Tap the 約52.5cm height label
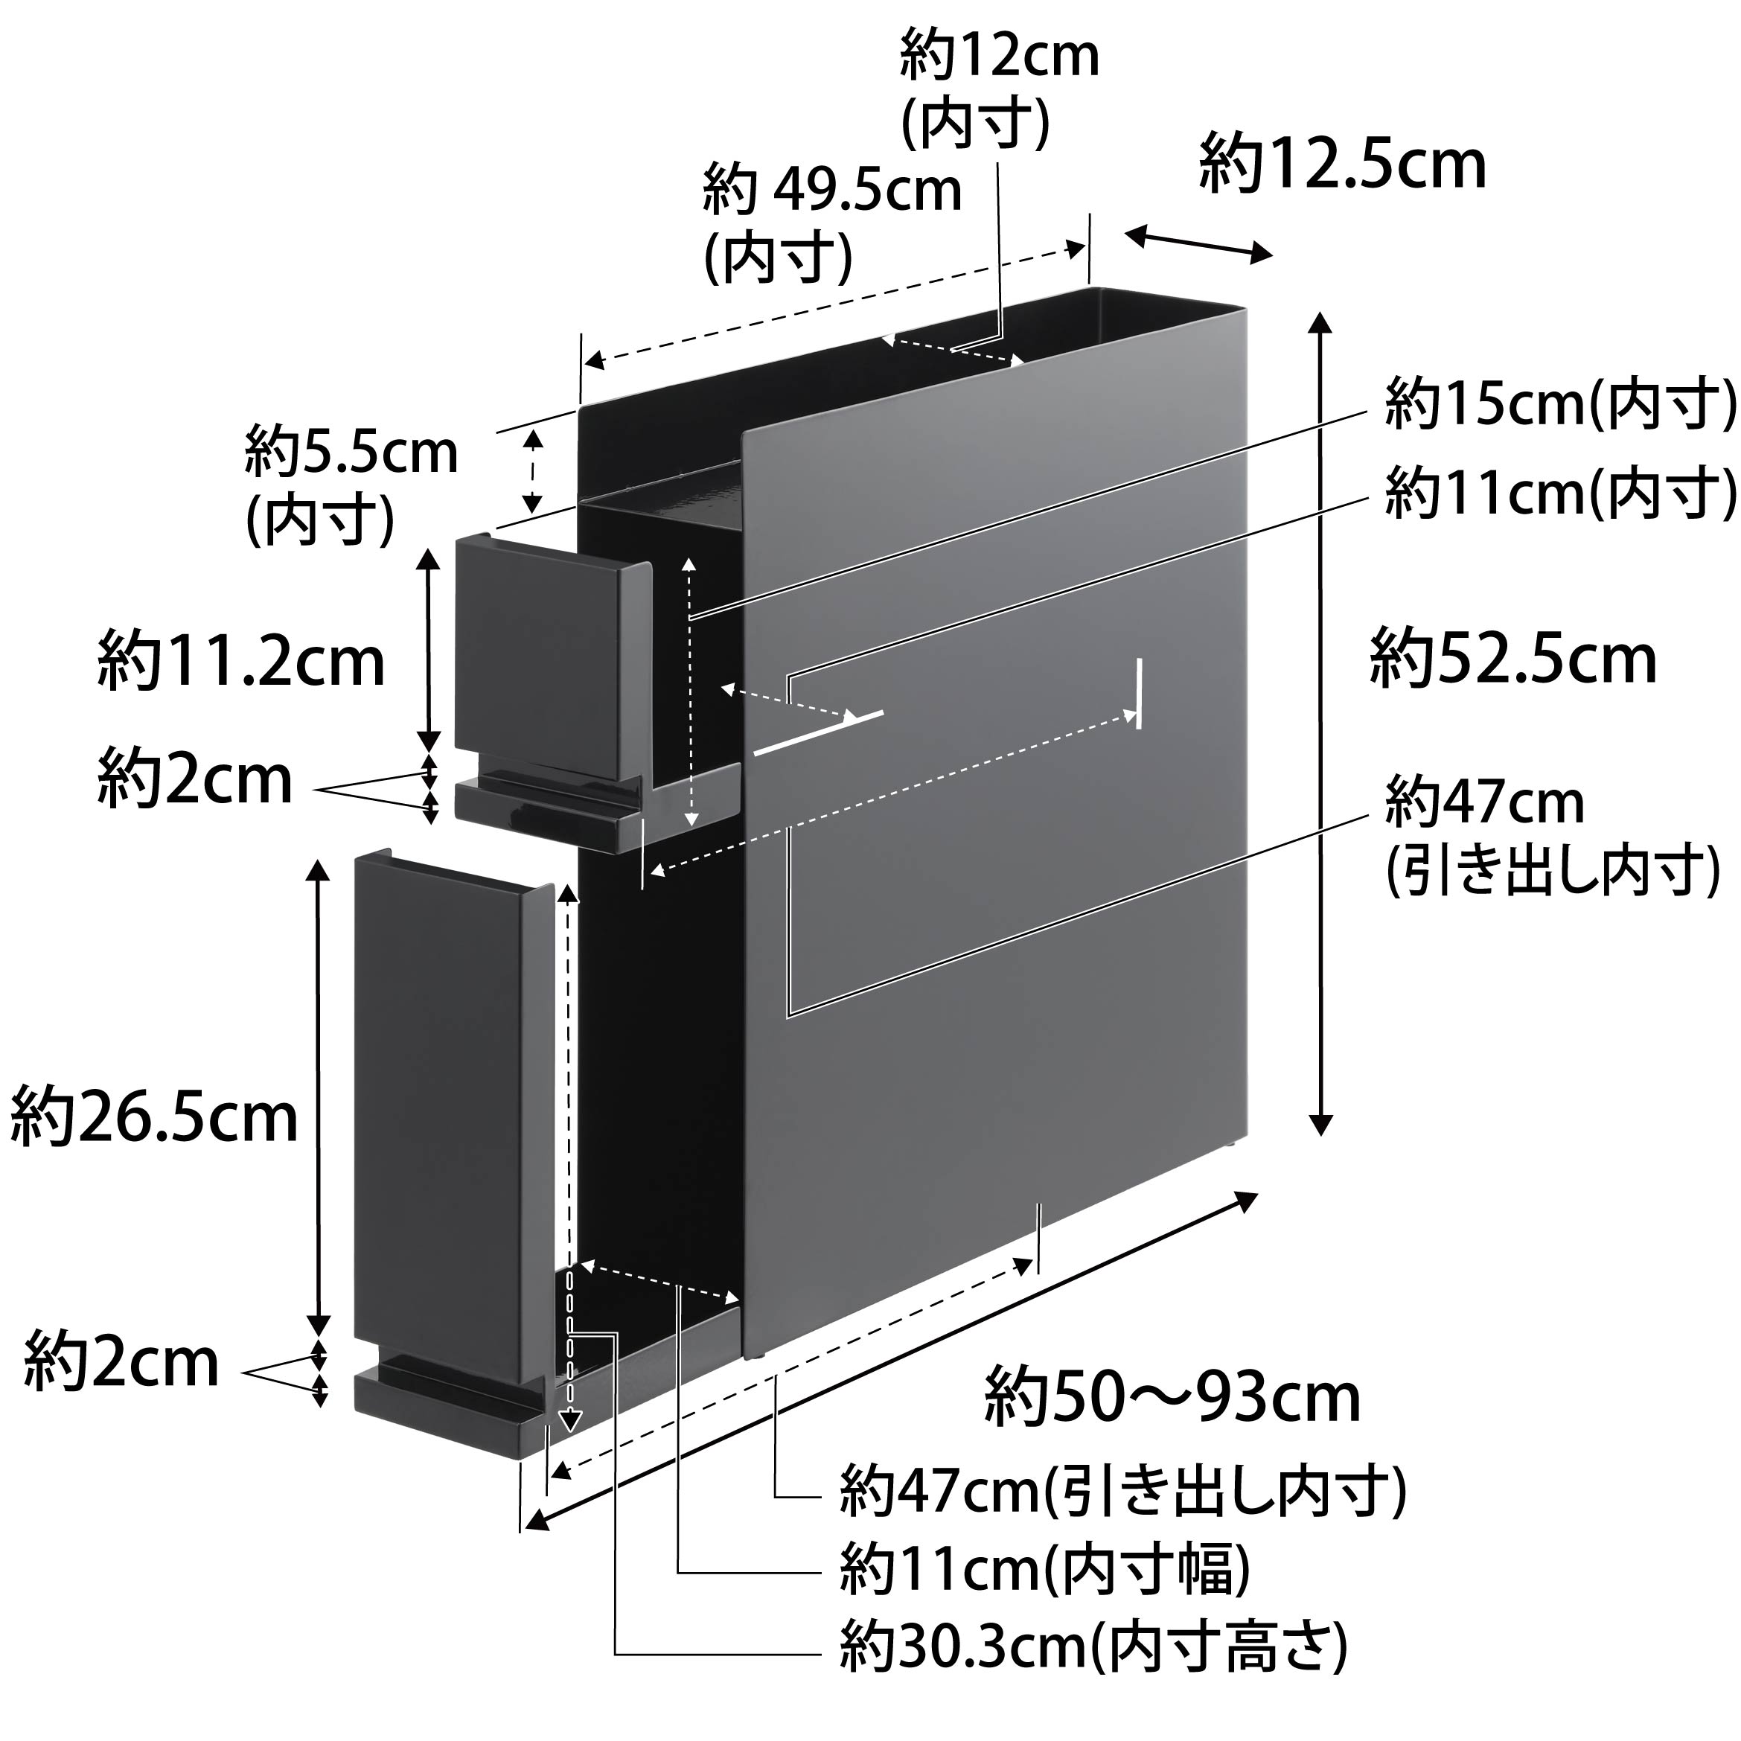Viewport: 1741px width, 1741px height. click(x=1513, y=660)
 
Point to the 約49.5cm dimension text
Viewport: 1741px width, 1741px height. click(x=831, y=191)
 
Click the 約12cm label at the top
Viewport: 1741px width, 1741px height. click(x=1000, y=56)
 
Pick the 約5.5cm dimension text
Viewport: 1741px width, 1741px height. click(x=351, y=453)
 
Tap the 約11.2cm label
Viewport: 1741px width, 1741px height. click(x=240, y=662)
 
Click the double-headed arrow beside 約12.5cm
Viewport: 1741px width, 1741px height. click(x=1198, y=243)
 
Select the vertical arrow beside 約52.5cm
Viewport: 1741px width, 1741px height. click(x=1320, y=723)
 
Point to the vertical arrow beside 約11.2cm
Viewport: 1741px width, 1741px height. click(x=429, y=650)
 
